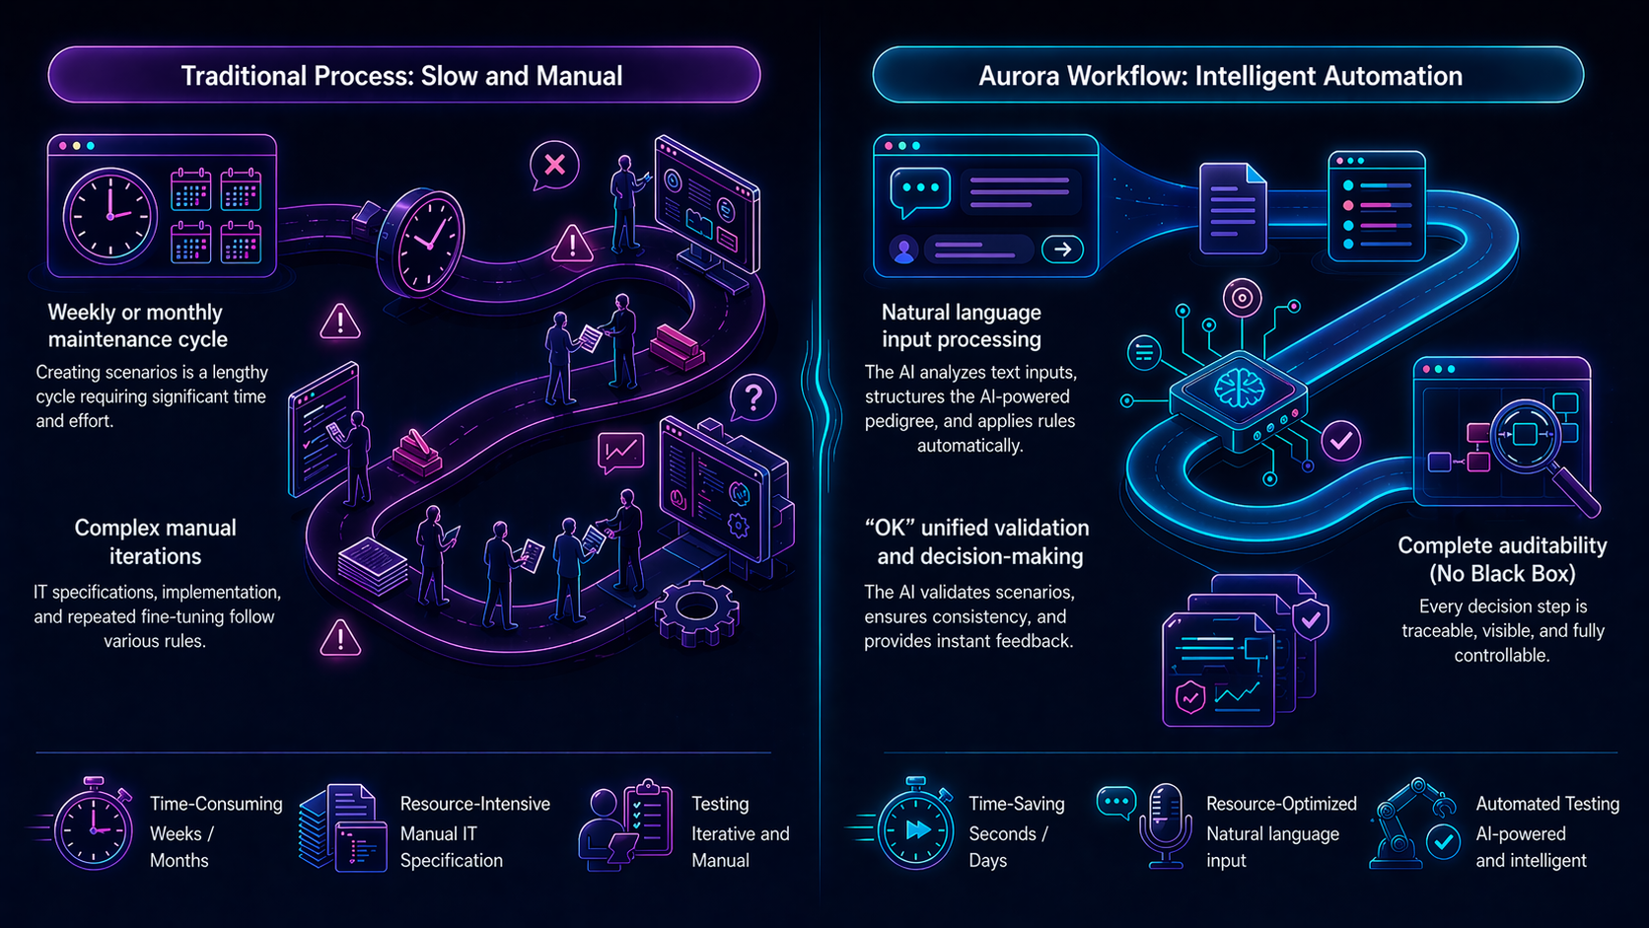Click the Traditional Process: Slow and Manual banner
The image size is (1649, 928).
pos(403,75)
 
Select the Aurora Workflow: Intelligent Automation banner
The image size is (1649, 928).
pos(1227,75)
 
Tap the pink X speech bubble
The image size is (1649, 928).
pos(554,165)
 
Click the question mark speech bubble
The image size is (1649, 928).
pos(753,398)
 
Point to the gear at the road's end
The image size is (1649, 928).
pos(696,612)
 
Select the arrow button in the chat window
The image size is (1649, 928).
pos(1062,250)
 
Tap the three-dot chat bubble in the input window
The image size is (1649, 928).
pos(919,189)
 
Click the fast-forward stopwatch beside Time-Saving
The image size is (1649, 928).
pos(915,826)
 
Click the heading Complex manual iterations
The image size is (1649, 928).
pos(156,541)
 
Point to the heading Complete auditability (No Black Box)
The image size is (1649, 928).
pos(1501,559)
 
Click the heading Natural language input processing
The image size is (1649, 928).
pos(962,325)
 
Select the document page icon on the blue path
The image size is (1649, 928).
pos(1233,208)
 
